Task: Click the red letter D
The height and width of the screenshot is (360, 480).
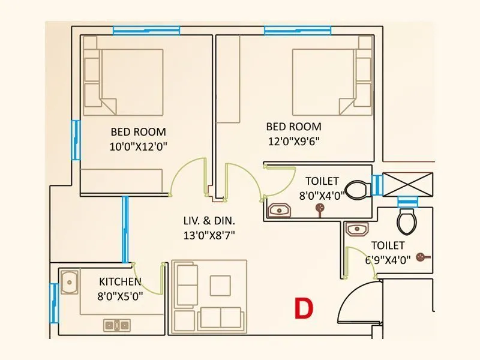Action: point(304,308)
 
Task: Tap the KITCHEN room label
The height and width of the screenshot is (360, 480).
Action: point(120,281)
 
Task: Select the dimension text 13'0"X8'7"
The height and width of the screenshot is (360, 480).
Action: point(209,235)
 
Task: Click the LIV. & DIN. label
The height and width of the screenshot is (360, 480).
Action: point(208,220)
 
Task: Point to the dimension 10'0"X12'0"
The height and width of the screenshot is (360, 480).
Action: point(138,146)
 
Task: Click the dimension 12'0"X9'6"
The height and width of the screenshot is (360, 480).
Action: point(293,142)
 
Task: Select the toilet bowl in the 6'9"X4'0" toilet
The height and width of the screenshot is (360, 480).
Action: point(406,220)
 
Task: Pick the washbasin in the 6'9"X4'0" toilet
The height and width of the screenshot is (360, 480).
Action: point(356,229)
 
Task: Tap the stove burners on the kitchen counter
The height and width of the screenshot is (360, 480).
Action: point(116,325)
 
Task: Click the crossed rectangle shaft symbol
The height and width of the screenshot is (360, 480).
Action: point(408,183)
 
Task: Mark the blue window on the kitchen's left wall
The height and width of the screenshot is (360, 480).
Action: point(53,301)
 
